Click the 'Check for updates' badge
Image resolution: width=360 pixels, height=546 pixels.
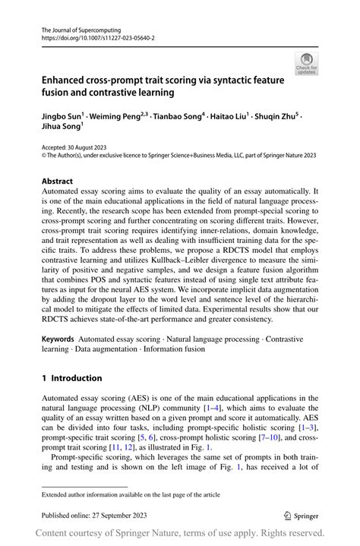(307, 63)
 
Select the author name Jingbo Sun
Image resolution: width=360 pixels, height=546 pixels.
(62, 118)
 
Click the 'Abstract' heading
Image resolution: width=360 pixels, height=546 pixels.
(57, 181)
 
